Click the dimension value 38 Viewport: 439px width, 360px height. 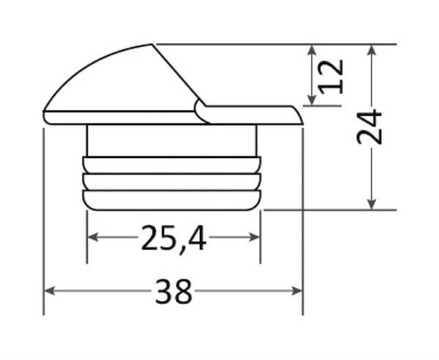coord(174,292)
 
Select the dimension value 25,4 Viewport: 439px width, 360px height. coord(173,238)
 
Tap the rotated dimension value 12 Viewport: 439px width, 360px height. coord(331,75)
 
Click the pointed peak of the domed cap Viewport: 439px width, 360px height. coord(153,45)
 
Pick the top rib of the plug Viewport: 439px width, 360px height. coord(172,165)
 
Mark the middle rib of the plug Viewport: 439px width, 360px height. coord(172,182)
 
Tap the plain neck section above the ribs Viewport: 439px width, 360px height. coord(172,140)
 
